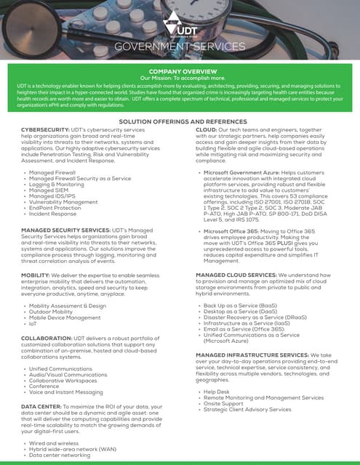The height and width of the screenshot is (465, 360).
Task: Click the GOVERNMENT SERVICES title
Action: (x=180, y=47)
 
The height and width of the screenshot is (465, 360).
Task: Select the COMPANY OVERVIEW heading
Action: (x=180, y=71)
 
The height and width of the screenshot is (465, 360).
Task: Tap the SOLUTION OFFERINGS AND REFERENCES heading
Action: (x=180, y=121)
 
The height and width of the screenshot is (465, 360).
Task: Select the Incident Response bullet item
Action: (x=54, y=215)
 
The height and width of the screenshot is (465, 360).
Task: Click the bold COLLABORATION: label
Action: (x=42, y=339)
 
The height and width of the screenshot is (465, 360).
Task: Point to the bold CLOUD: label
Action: (x=209, y=129)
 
